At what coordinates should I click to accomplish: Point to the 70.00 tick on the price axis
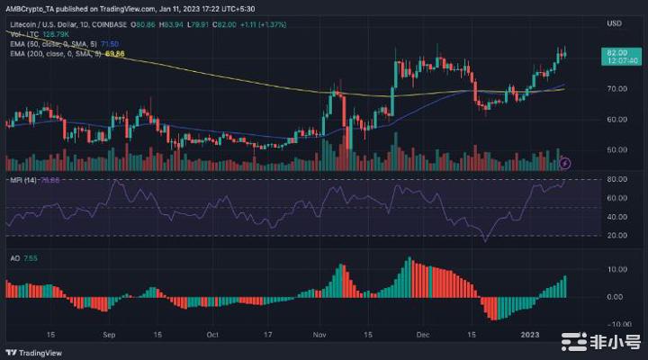616,89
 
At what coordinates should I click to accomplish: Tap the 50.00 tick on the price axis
616,149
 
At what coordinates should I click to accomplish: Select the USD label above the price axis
616,22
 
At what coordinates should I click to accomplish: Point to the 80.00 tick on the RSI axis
616,180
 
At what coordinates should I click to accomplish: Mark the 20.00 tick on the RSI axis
616,236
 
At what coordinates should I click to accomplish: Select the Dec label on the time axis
423,333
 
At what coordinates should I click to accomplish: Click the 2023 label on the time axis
531,333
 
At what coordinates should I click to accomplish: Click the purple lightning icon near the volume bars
565,163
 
